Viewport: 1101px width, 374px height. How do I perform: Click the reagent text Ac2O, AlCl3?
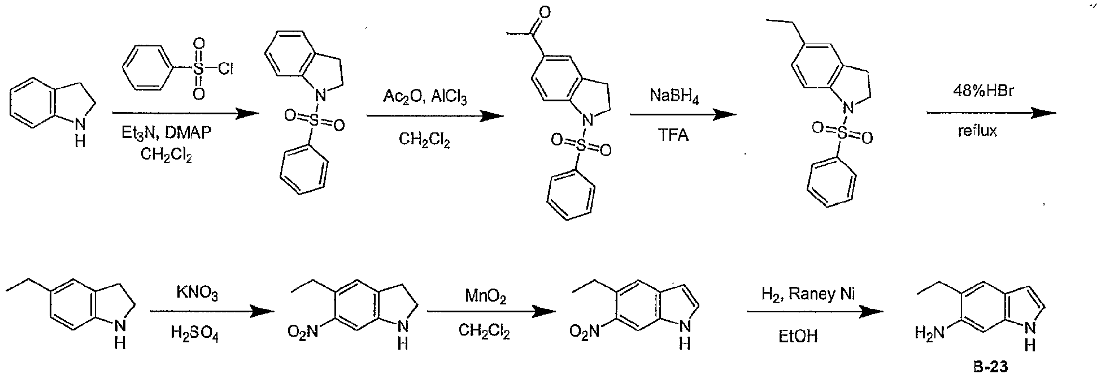[x=425, y=96]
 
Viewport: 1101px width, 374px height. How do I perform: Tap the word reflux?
[x=977, y=131]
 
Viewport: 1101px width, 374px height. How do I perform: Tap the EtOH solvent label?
[x=798, y=336]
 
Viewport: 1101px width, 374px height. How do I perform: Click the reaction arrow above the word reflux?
[x=991, y=113]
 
